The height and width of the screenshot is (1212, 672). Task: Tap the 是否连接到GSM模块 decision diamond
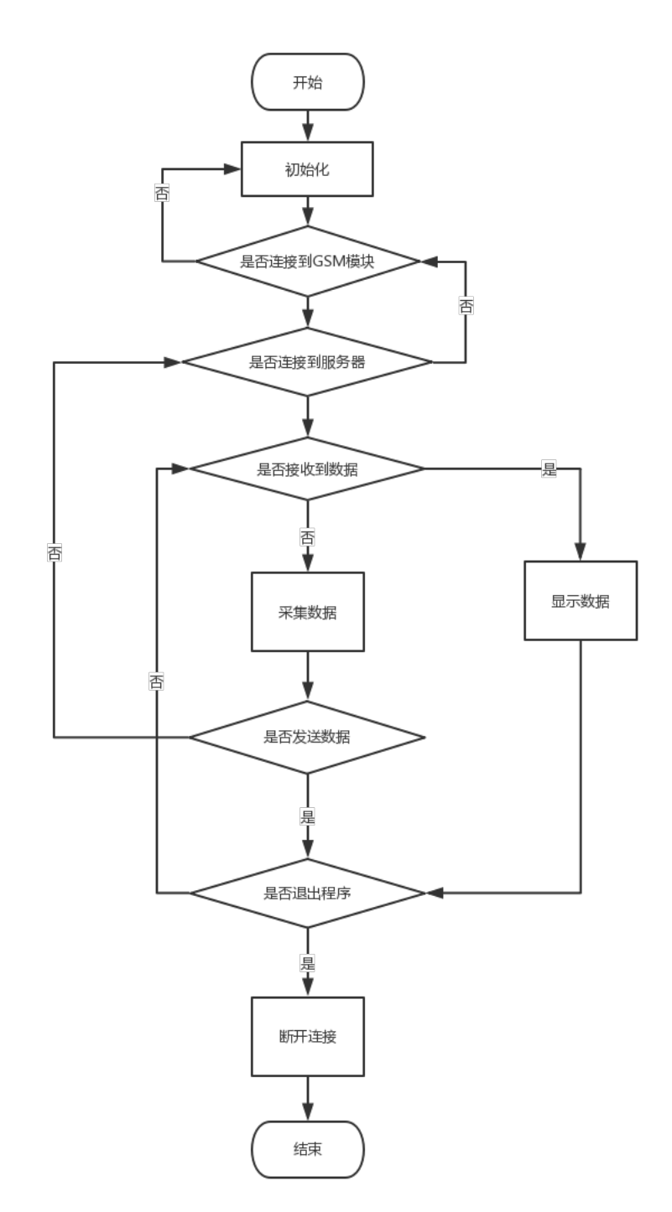pyautogui.click(x=308, y=262)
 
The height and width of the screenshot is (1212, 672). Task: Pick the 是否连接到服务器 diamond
pyautogui.click(x=308, y=363)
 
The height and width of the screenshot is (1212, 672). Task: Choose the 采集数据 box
pyautogui.click(x=308, y=612)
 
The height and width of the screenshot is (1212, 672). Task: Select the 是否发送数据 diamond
pyautogui.click(x=308, y=738)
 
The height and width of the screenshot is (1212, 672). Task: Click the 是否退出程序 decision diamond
pyautogui.click(x=308, y=893)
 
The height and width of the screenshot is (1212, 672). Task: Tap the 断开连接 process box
pyautogui.click(x=308, y=1036)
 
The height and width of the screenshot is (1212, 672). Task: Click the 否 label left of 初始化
pyautogui.click(x=161, y=192)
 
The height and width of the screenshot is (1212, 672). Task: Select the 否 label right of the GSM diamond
pyautogui.click(x=466, y=306)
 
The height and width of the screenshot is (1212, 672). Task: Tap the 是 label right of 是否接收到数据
pyautogui.click(x=550, y=469)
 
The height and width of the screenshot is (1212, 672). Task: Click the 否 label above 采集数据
pyautogui.click(x=308, y=537)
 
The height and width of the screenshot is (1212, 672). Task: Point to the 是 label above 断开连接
pyautogui.click(x=308, y=963)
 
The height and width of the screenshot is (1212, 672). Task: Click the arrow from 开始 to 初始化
pyautogui.click(x=308, y=126)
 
